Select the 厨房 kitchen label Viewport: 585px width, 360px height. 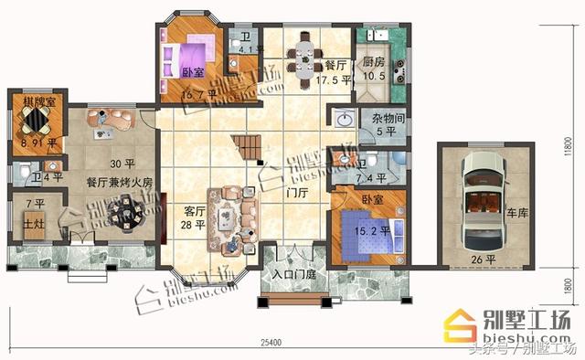tap(373, 62)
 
